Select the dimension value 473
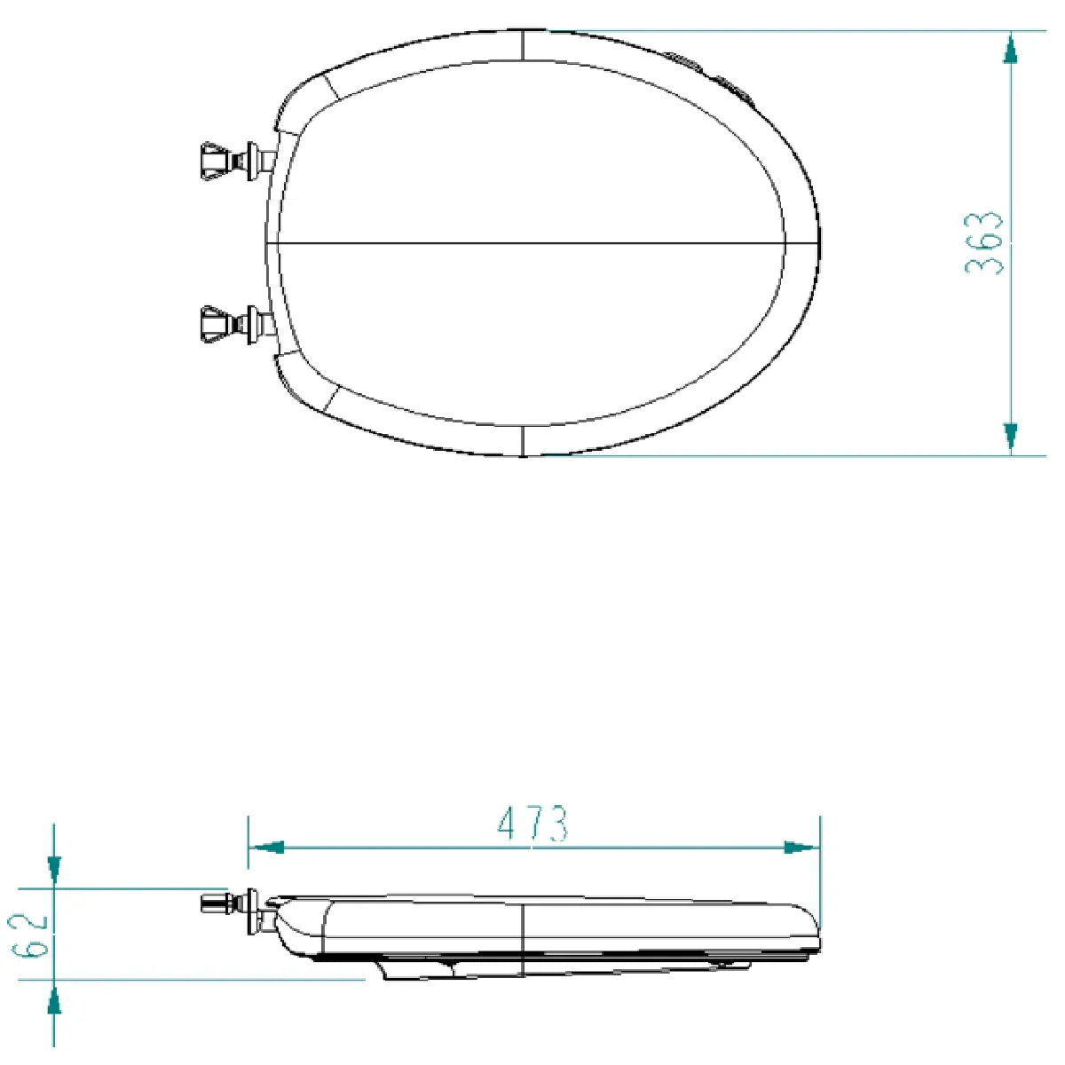(532, 824)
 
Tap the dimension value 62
(34, 934)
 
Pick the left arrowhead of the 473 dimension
(266, 848)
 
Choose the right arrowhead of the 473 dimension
(801, 848)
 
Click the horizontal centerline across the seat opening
(532, 242)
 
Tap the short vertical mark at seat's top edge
(523, 45)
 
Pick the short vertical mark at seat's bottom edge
(523, 440)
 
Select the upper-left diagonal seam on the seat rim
(331, 85)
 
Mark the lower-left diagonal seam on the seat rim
(331, 399)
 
